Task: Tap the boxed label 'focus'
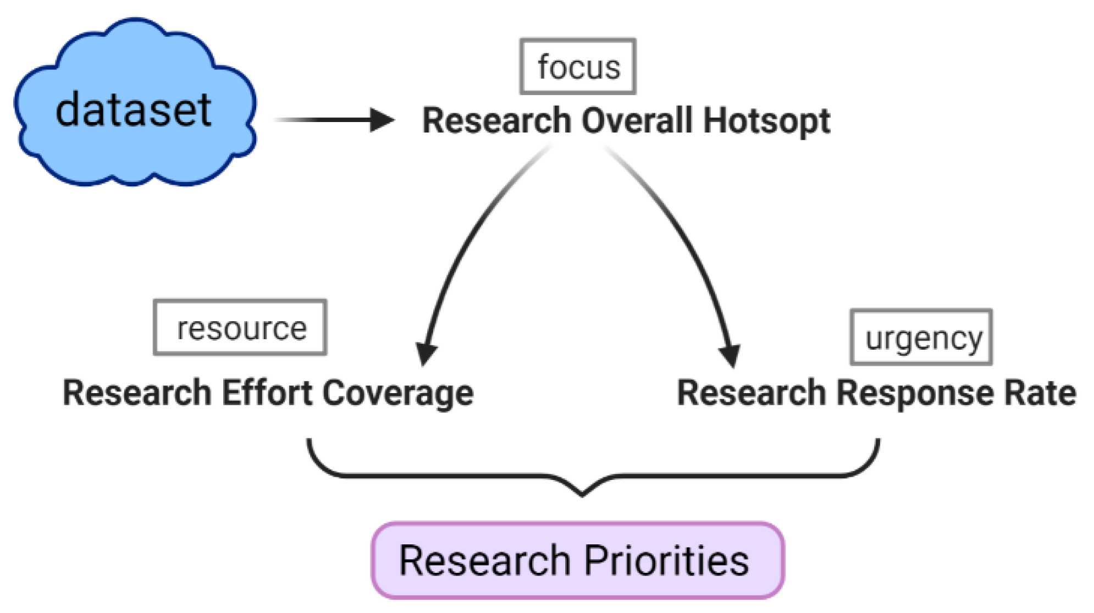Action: point(578,67)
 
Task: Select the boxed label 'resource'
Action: point(240,328)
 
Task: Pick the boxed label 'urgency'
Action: point(921,338)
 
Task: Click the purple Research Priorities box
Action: point(577,560)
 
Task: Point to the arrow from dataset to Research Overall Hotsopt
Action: point(335,119)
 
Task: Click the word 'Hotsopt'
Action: point(766,121)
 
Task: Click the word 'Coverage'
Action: point(397,394)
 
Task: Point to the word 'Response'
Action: point(915,394)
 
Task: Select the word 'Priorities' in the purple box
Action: point(666,561)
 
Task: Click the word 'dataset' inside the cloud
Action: point(134,110)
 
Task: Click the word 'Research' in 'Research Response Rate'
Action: point(752,393)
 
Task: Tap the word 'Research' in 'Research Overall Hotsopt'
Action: point(496,120)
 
